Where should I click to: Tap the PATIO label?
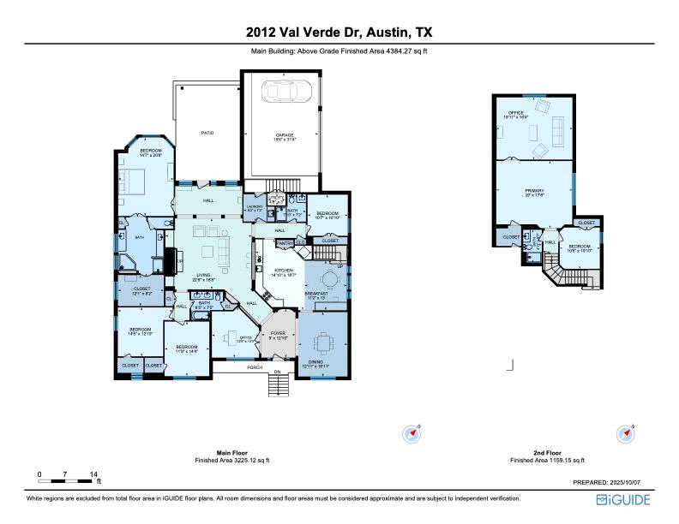point(207,133)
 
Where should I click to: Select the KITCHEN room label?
point(285,272)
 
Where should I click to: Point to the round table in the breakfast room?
point(329,278)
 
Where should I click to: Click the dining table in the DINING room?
point(324,342)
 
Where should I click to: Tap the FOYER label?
point(278,333)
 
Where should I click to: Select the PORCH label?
point(255,368)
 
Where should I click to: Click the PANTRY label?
point(285,243)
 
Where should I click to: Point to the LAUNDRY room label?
point(254,206)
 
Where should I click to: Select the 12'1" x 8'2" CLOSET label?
point(141,289)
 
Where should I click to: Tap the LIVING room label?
point(203,275)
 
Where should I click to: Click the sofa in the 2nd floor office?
point(557,131)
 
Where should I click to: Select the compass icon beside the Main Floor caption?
point(412,434)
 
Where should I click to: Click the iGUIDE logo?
point(627,499)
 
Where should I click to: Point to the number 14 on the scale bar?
point(93,473)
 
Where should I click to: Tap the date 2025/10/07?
point(635,483)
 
